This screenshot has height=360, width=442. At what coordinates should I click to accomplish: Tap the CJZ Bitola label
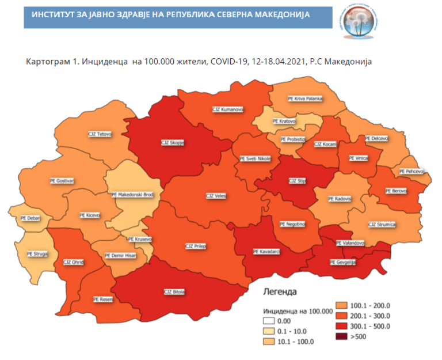(174, 291)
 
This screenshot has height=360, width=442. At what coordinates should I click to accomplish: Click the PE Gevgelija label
(344, 263)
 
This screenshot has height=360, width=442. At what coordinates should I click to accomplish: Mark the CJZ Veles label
(216, 196)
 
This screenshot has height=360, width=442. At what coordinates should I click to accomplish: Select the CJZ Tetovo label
(100, 134)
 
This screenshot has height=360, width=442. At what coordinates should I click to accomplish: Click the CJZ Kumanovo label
(228, 109)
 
